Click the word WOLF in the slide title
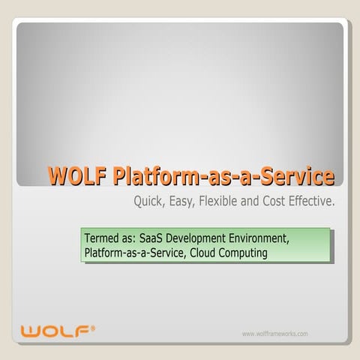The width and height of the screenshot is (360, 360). [x=78, y=177]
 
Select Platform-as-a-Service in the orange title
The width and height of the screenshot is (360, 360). [x=223, y=177]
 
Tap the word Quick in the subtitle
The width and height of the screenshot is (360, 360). [x=149, y=202]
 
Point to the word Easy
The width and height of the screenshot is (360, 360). [x=187, y=202]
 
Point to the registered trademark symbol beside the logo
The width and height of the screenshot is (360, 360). [x=92, y=326]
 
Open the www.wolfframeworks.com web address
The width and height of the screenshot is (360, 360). [x=275, y=334]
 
